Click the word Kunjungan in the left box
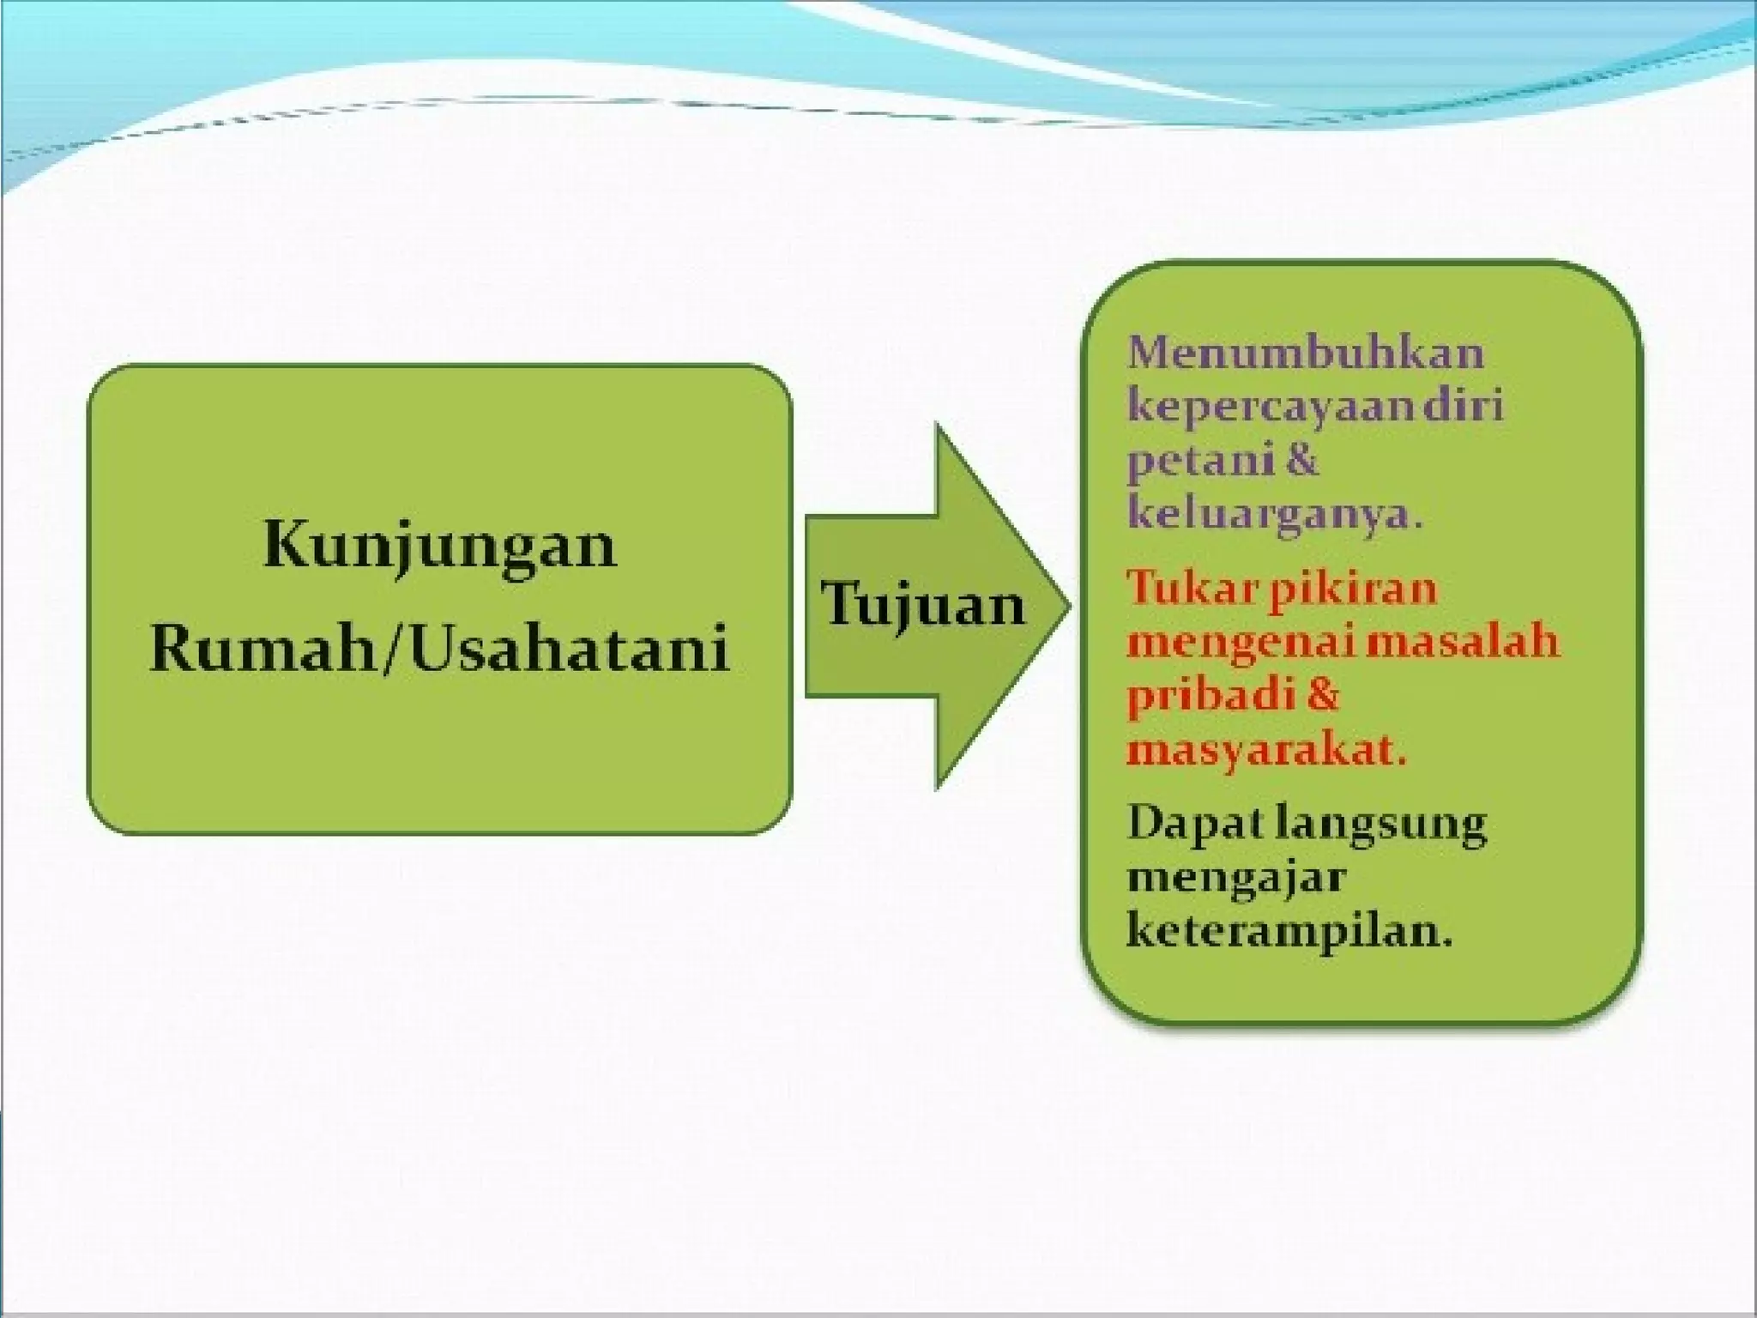pyautogui.click(x=439, y=546)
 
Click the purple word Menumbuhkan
pyautogui.click(x=1305, y=354)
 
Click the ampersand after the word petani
pyautogui.click(x=1302, y=460)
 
